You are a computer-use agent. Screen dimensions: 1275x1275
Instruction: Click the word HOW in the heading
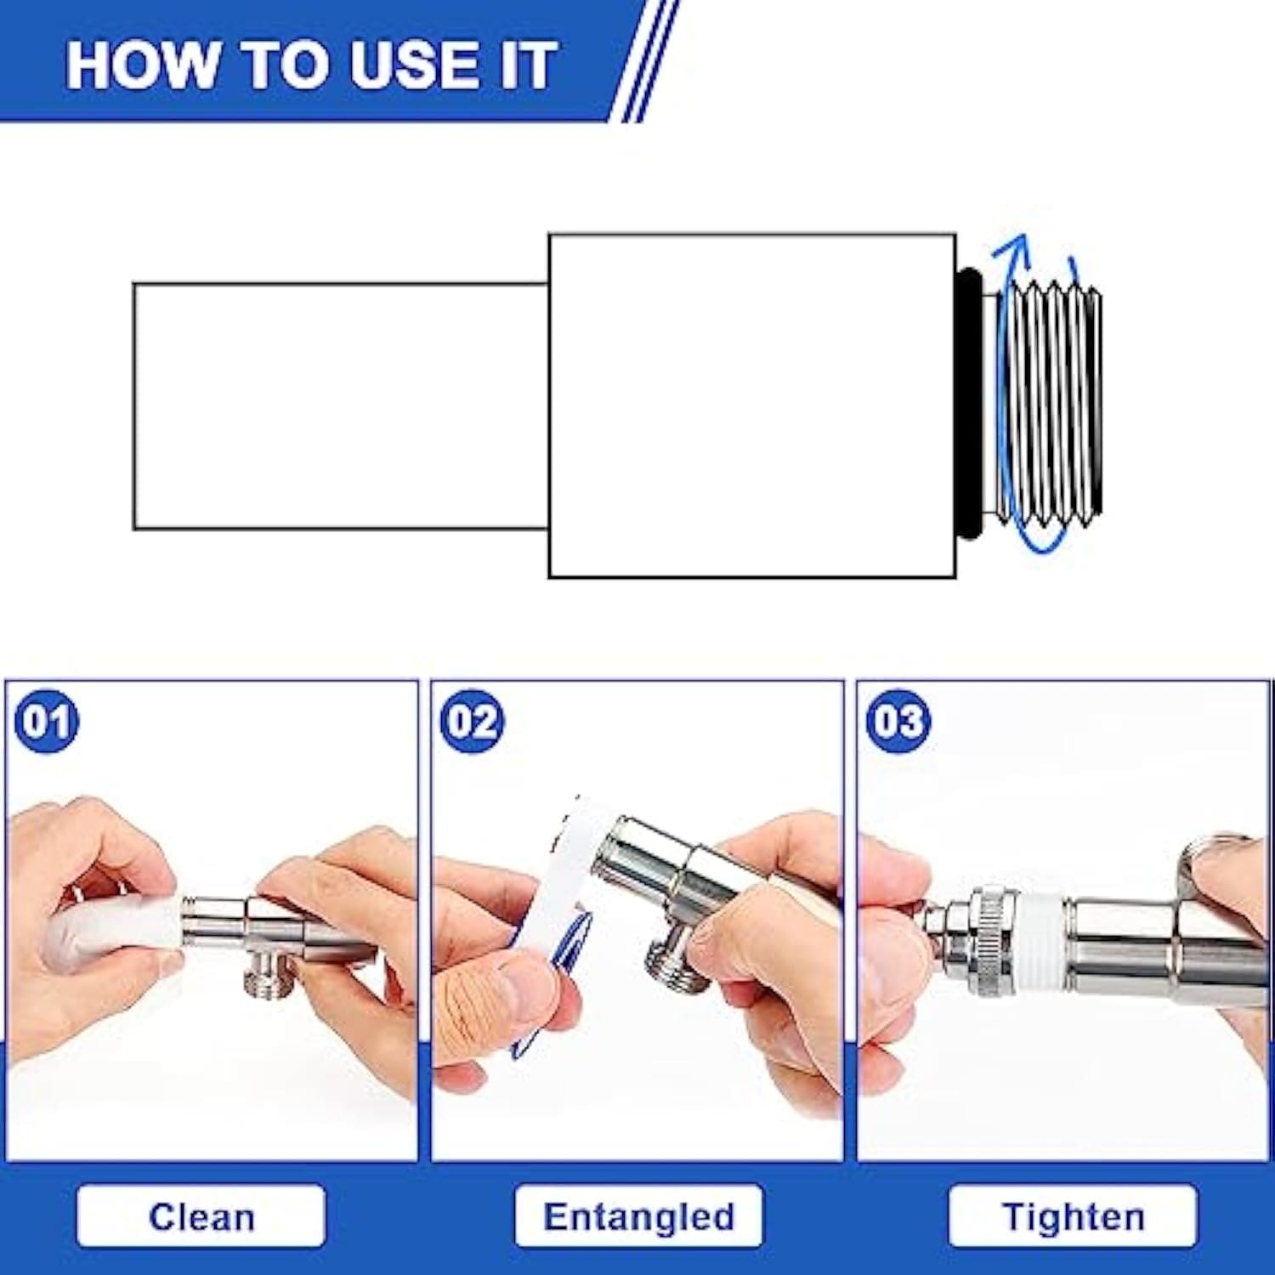tap(141, 65)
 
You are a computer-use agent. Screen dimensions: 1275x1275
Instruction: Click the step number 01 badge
tap(46, 721)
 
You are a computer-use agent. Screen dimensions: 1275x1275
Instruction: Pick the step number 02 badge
tap(472, 721)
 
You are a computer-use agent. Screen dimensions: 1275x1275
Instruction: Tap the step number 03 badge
tap(898, 721)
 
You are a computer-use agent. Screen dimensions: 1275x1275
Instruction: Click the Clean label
tap(201, 1216)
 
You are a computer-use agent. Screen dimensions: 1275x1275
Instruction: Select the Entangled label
tap(638, 1216)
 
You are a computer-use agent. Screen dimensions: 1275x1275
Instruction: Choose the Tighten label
tap(1073, 1216)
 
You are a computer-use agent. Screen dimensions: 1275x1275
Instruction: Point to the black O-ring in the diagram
tap(969, 404)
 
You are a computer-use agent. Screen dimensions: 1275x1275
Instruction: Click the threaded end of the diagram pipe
tap(1051, 404)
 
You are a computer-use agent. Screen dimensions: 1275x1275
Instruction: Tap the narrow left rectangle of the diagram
tap(340, 406)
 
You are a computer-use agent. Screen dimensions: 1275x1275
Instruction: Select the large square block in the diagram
tap(752, 405)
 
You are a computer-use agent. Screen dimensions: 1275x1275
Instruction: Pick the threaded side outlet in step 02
tap(676, 965)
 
